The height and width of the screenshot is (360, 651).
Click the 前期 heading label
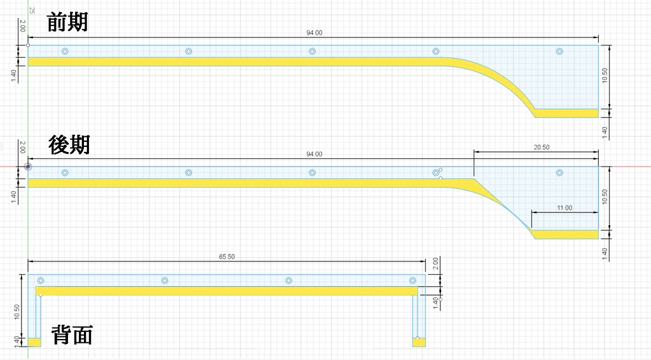tap(67, 22)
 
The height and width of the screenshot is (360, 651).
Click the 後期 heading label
tap(69, 145)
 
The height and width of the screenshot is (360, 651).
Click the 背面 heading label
tap(71, 335)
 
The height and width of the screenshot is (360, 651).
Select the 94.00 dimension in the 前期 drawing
tap(314, 33)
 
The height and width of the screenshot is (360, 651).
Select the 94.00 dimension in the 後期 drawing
tap(314, 155)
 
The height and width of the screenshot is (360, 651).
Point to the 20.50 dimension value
tap(542, 148)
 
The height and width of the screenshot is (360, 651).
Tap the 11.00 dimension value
tap(564, 208)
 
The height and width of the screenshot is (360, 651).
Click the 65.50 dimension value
tap(227, 257)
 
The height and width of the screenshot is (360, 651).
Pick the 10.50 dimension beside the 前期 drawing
tap(605, 76)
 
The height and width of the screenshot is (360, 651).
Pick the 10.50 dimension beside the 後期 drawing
tap(605, 197)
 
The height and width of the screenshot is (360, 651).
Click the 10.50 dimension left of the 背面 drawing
tap(17, 312)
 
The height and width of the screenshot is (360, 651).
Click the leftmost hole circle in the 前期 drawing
tap(65, 52)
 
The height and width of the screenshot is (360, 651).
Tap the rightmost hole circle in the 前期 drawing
tap(559, 52)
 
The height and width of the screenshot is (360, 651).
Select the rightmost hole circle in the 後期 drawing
tap(559, 173)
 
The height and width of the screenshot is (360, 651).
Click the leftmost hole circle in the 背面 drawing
tap(41, 280)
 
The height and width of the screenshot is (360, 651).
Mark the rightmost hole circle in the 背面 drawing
tap(413, 280)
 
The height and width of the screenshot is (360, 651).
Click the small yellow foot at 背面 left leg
tap(34, 342)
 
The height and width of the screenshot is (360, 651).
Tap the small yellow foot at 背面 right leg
tap(418, 342)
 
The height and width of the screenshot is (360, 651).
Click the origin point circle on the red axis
tap(28, 167)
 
